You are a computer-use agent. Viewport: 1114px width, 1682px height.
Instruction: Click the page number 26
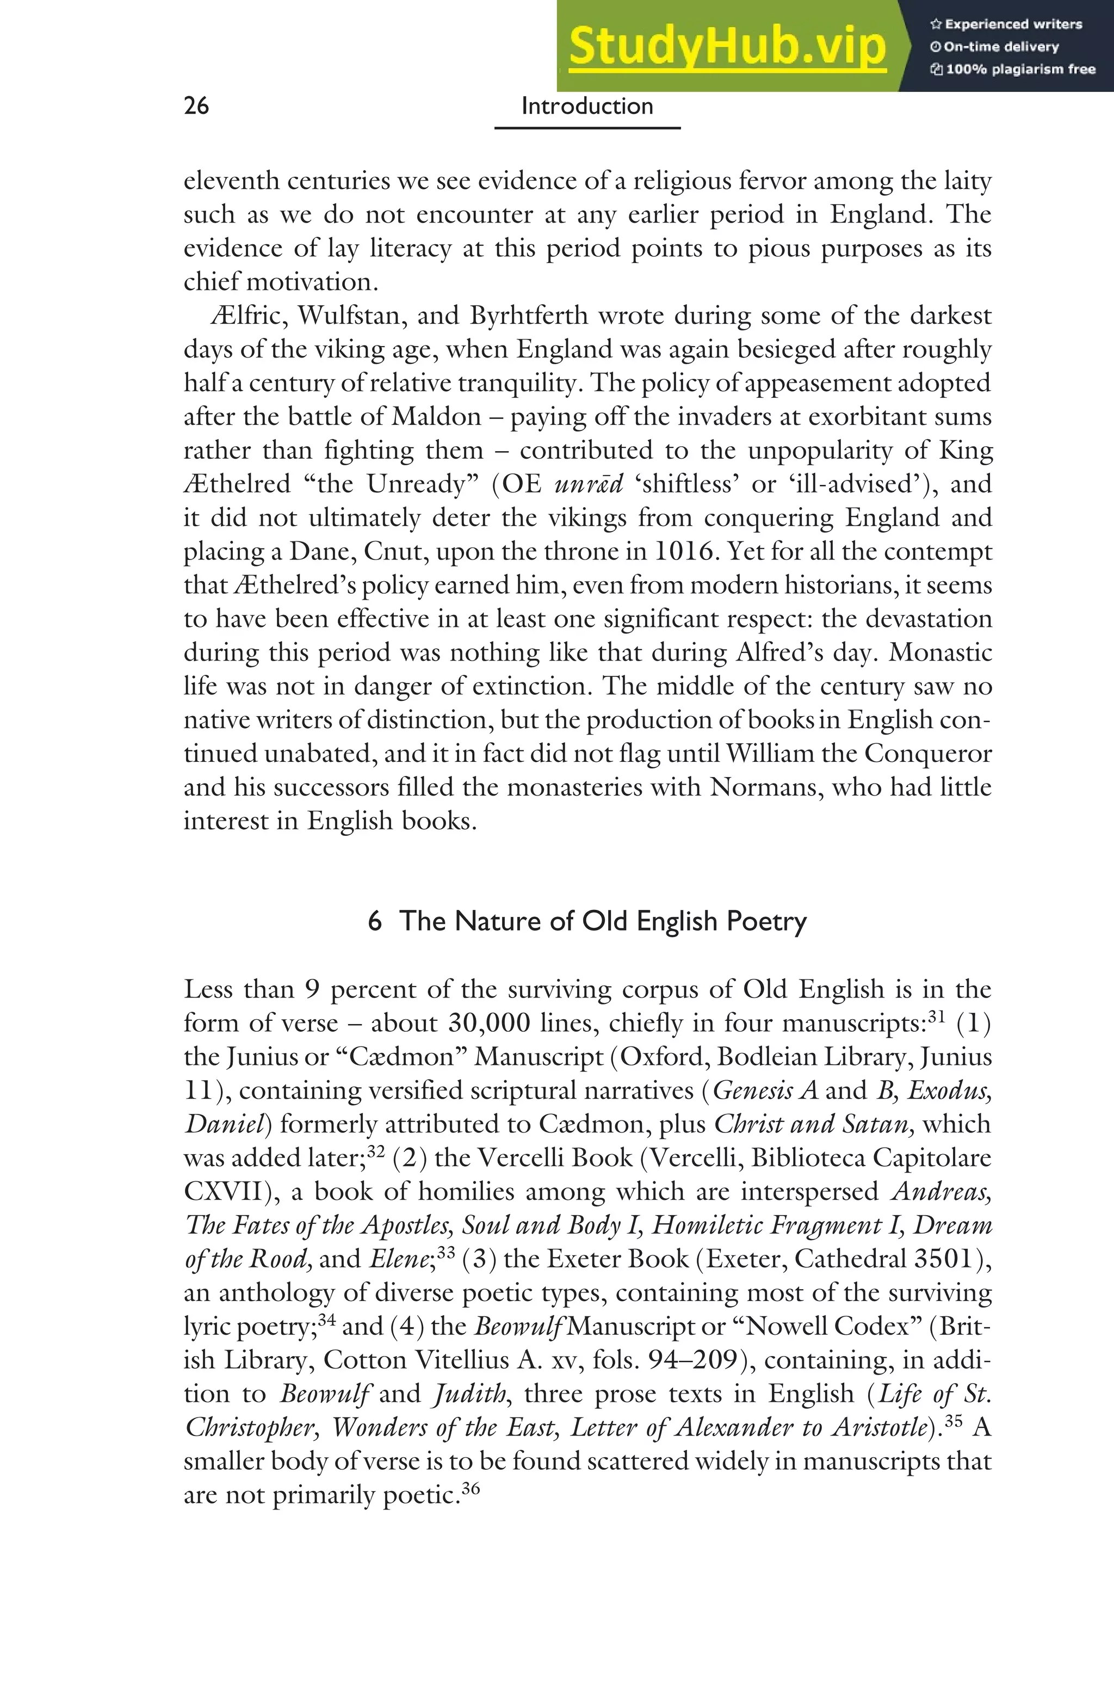coord(196,106)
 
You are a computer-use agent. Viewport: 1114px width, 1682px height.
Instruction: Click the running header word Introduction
coord(587,106)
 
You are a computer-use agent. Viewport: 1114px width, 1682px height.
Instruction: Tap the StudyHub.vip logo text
coord(727,46)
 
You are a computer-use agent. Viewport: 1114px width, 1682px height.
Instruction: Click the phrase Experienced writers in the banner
coord(1012,24)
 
